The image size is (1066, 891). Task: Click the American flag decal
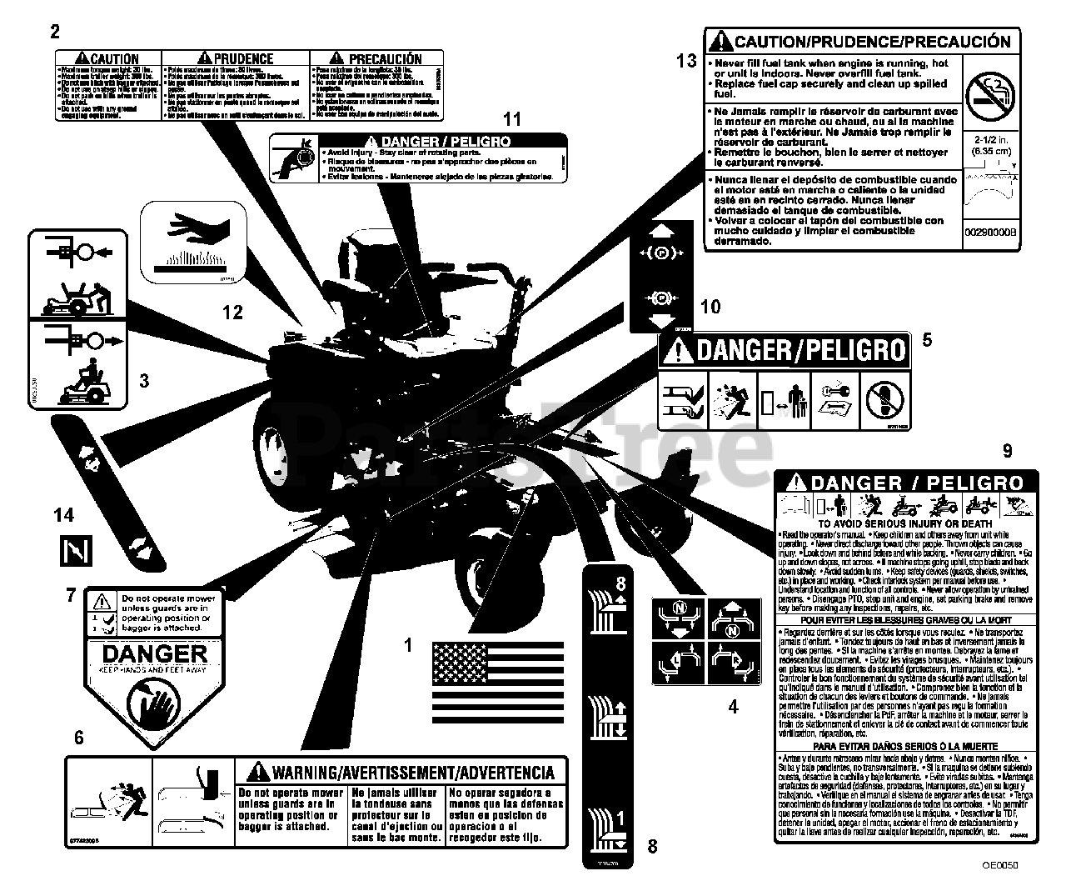coord(497,682)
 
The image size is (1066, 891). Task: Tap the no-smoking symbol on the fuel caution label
coord(988,93)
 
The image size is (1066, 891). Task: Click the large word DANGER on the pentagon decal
coord(154,653)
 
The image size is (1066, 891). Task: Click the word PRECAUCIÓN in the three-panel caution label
coord(385,58)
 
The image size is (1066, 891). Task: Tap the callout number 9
coord(1007,451)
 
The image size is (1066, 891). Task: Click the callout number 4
coord(733,707)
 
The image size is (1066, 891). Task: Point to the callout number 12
coord(232,312)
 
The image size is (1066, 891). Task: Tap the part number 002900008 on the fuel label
coord(990,233)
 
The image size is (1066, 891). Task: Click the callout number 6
coord(78,737)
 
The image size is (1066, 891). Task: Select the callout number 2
coord(55,33)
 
